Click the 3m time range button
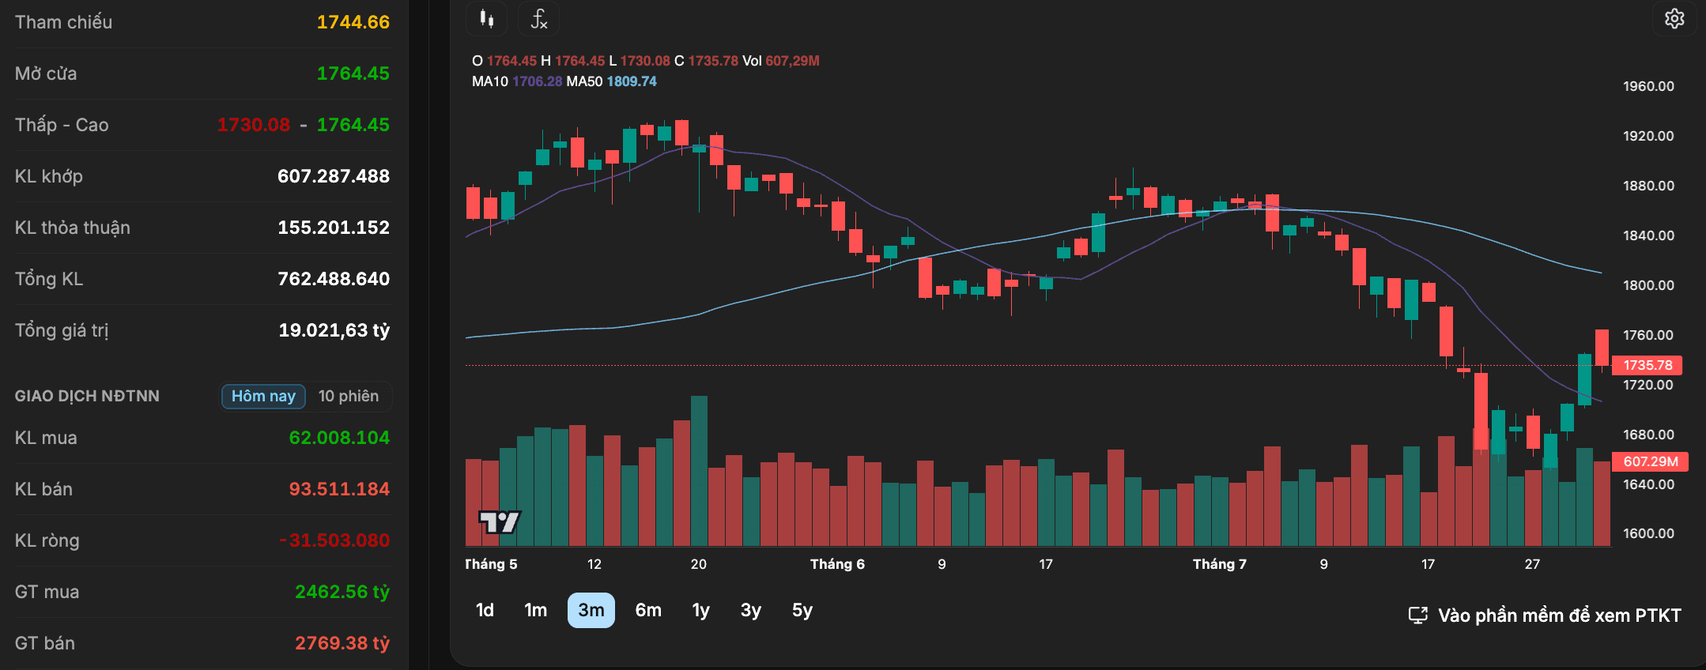pyautogui.click(x=591, y=610)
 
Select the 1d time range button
pyautogui.click(x=485, y=610)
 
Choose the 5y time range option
pyautogui.click(x=802, y=610)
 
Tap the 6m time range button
pyautogui.click(x=648, y=610)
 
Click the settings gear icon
pyautogui.click(x=1674, y=18)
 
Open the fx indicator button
pyautogui.click(x=538, y=18)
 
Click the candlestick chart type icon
pyautogui.click(x=487, y=18)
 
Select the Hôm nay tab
pyautogui.click(x=263, y=396)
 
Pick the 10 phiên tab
pyautogui.click(x=349, y=396)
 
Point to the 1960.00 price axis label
pyautogui.click(x=1648, y=86)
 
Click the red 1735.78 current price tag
pyautogui.click(x=1647, y=365)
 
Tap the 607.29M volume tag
pyautogui.click(x=1650, y=461)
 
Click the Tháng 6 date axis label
pyautogui.click(x=837, y=564)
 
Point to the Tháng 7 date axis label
pyautogui.click(x=1220, y=564)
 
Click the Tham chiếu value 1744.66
pyautogui.click(x=353, y=22)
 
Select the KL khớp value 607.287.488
pyautogui.click(x=334, y=176)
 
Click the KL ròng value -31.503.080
pyautogui.click(x=334, y=540)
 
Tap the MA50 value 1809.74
pyautogui.click(x=632, y=81)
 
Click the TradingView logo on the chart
pyautogui.click(x=500, y=521)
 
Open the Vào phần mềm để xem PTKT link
pyautogui.click(x=1545, y=615)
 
